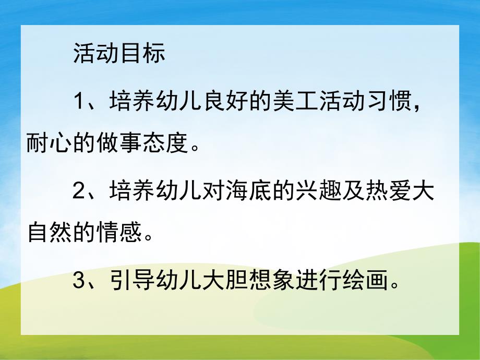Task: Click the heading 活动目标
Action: click(119, 54)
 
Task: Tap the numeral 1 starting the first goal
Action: click(79, 100)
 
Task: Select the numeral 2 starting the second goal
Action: click(79, 191)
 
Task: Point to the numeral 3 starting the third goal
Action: click(79, 282)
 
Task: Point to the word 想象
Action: click(272, 282)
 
